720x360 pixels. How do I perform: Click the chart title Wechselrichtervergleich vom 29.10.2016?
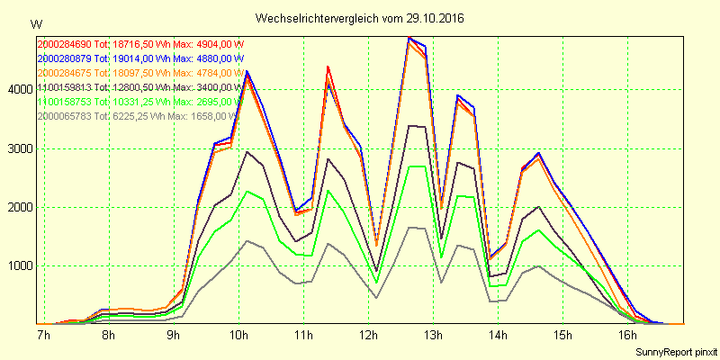coord(360,18)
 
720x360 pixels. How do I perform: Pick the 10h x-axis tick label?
coord(238,336)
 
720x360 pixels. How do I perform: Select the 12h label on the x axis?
coord(368,336)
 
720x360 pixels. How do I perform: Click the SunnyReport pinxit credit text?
coord(674,350)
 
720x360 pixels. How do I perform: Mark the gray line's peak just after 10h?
coord(247,240)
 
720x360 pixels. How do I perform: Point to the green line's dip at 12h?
coord(376,283)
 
